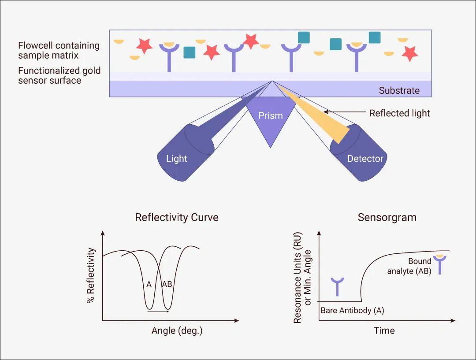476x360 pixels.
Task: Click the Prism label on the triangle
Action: tap(271, 115)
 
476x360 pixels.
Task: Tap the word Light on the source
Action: tap(176, 159)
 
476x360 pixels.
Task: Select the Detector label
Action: tap(365, 159)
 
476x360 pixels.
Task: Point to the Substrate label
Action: tap(399, 90)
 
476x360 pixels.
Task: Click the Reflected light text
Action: tap(399, 113)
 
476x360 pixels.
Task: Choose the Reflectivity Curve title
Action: tap(177, 217)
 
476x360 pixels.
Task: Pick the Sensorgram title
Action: tap(387, 217)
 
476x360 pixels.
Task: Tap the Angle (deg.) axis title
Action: tap(177, 330)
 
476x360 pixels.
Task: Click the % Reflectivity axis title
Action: tap(91, 275)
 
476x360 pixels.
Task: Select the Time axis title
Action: tap(384, 330)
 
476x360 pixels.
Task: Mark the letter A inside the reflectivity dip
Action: tap(149, 284)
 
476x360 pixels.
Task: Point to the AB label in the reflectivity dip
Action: tap(167, 284)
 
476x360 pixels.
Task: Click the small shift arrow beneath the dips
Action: tap(158, 311)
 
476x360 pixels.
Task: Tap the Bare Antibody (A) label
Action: tap(353, 311)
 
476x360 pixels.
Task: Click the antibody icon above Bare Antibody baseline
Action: tap(337, 286)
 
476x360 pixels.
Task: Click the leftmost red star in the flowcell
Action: tap(144, 46)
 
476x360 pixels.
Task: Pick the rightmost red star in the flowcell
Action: tap(410, 53)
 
